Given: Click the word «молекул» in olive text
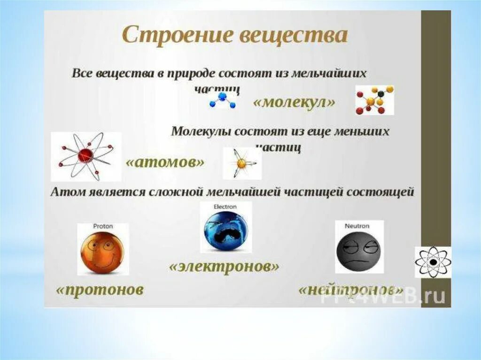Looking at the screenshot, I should click(294, 102).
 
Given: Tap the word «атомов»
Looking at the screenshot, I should click(165, 162).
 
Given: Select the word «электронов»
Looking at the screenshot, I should click(224, 267).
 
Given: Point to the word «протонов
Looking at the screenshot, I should click(100, 289).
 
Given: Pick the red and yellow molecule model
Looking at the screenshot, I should click(374, 100).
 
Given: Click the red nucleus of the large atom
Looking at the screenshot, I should click(85, 155).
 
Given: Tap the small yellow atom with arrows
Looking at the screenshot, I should click(242, 163).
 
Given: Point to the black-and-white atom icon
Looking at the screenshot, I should click(433, 262).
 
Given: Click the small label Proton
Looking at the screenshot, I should click(103, 226).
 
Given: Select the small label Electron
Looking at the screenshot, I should click(225, 207).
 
